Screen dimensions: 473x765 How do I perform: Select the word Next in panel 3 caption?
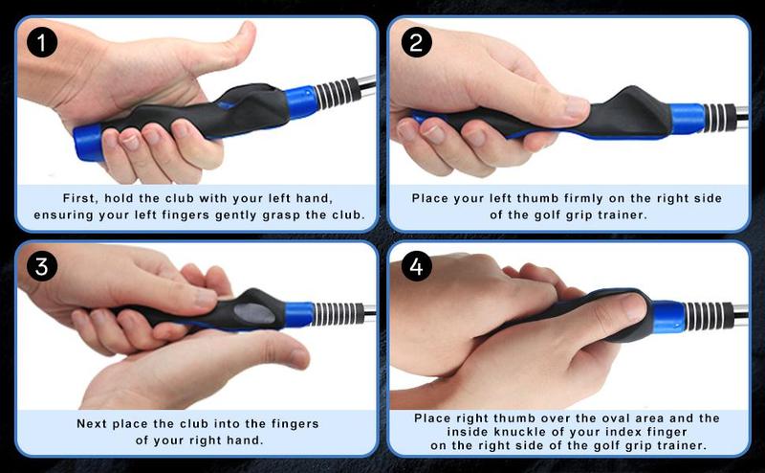point(92,422)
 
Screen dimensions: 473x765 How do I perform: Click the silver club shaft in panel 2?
point(740,117)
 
